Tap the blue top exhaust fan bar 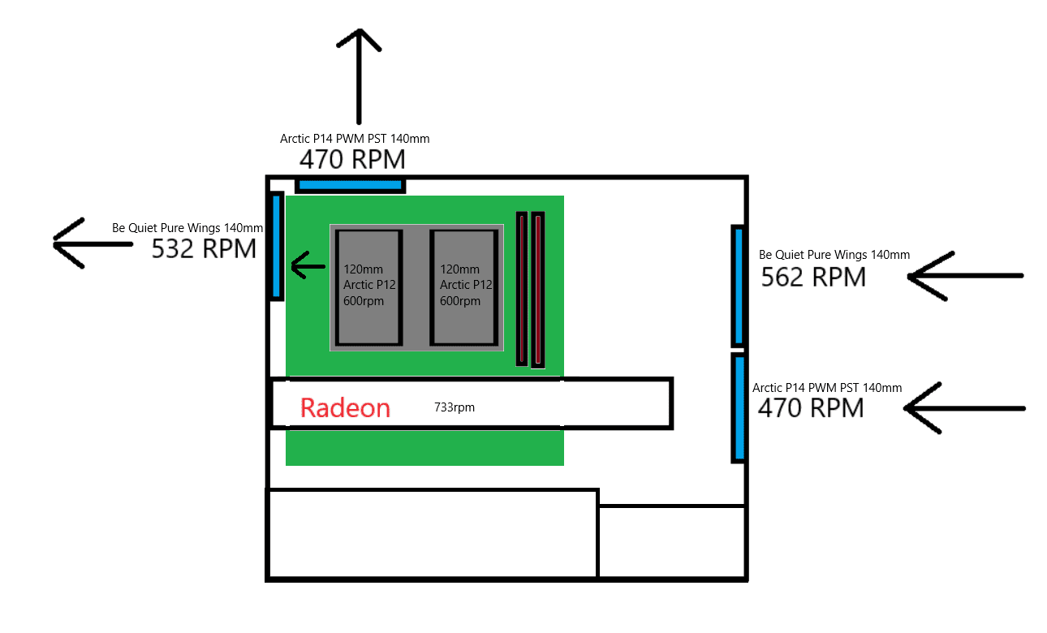[351, 185]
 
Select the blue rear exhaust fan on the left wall [277, 246]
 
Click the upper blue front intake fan [738, 286]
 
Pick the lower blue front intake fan [739, 407]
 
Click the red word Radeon [345, 407]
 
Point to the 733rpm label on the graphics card [455, 407]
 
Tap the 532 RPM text [204, 248]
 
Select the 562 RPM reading [813, 278]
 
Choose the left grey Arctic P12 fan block [368, 288]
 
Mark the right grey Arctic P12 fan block [463, 288]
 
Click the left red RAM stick [522, 288]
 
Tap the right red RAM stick [537, 290]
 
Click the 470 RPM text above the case [352, 158]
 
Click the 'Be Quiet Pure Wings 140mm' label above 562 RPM [834, 255]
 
